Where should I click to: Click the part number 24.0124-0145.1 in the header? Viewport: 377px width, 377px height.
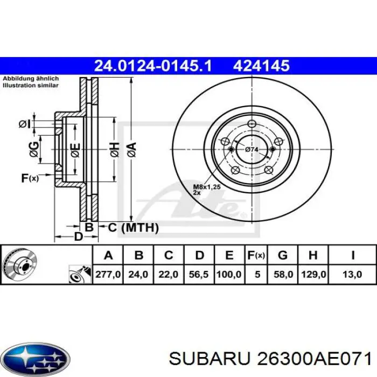(x=153, y=66)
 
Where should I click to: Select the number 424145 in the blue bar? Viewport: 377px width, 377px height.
(x=261, y=66)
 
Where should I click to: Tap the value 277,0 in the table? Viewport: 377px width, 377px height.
(x=108, y=274)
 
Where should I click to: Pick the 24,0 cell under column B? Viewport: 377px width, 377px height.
(x=138, y=274)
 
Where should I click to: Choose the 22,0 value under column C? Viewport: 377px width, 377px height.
(x=169, y=274)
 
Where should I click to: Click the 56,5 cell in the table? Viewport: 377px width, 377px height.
(x=199, y=274)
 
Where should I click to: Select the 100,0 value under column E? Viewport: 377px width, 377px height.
(x=229, y=274)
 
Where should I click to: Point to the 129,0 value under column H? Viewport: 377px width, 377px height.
(x=313, y=274)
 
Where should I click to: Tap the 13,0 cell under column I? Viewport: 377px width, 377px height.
(x=352, y=274)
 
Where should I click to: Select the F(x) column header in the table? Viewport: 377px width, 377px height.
(x=257, y=255)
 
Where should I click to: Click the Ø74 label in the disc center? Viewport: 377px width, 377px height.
(x=252, y=149)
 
